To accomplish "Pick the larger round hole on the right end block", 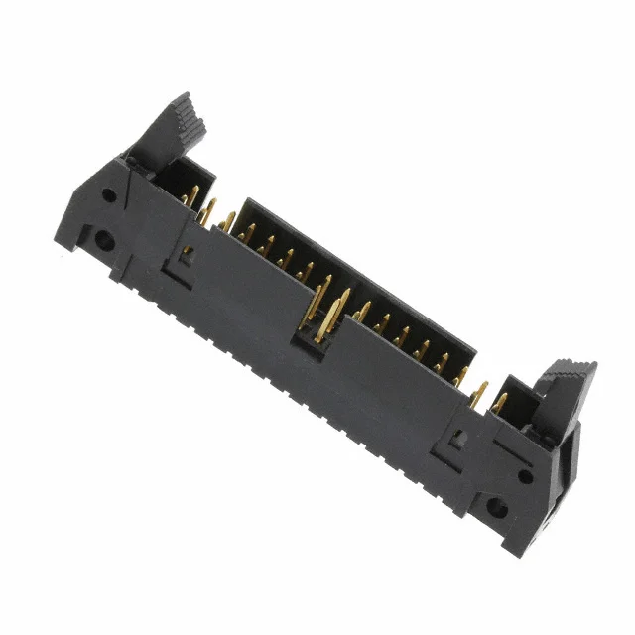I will (x=497, y=512).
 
